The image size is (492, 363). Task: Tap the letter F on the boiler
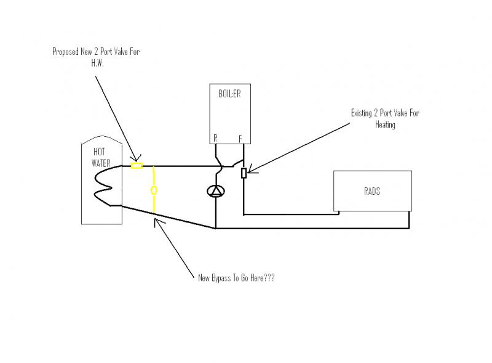click(x=240, y=139)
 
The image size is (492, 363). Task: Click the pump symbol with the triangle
click(x=215, y=191)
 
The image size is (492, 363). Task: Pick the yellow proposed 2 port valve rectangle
click(x=137, y=165)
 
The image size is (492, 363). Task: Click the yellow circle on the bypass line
click(x=154, y=190)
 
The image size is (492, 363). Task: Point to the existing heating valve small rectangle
click(x=244, y=173)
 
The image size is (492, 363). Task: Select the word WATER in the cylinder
click(x=102, y=163)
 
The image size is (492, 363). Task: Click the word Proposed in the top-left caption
click(x=68, y=52)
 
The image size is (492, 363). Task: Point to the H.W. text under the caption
click(x=96, y=62)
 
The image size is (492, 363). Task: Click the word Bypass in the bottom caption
click(x=224, y=278)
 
